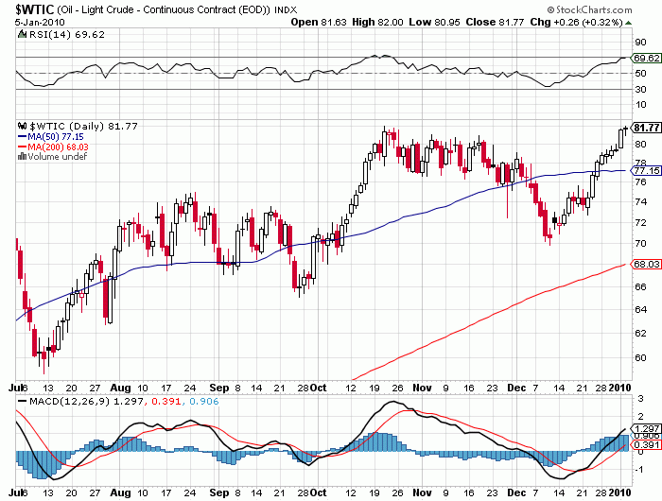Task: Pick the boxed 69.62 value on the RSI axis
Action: (645, 58)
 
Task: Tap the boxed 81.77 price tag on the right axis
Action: (645, 128)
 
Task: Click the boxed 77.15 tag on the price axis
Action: (645, 171)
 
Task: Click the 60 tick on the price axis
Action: (640, 358)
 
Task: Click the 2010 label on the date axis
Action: (619, 388)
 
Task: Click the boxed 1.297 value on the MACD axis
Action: (645, 428)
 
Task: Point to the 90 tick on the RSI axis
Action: (640, 42)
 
